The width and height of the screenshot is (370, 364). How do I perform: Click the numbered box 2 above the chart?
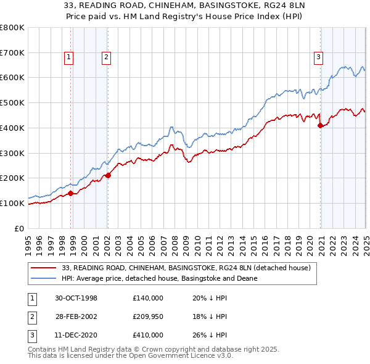[x=106, y=57]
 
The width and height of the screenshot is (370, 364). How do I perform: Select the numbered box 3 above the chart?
[x=319, y=57]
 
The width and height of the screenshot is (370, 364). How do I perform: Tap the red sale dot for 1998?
[x=71, y=193]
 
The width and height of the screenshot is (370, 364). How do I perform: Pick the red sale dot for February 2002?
[x=108, y=175]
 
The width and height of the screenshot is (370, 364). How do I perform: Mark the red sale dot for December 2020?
[x=320, y=125]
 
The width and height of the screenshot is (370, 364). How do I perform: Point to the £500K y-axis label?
[x=12, y=103]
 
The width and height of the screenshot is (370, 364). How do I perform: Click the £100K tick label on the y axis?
[x=12, y=203]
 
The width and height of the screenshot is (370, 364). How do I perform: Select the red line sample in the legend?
[x=43, y=268]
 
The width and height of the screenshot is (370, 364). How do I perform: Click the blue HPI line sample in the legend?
[x=43, y=278]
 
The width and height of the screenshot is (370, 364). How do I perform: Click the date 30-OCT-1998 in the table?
[x=76, y=297]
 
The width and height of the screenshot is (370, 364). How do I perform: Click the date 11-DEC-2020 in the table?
[x=76, y=334]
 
